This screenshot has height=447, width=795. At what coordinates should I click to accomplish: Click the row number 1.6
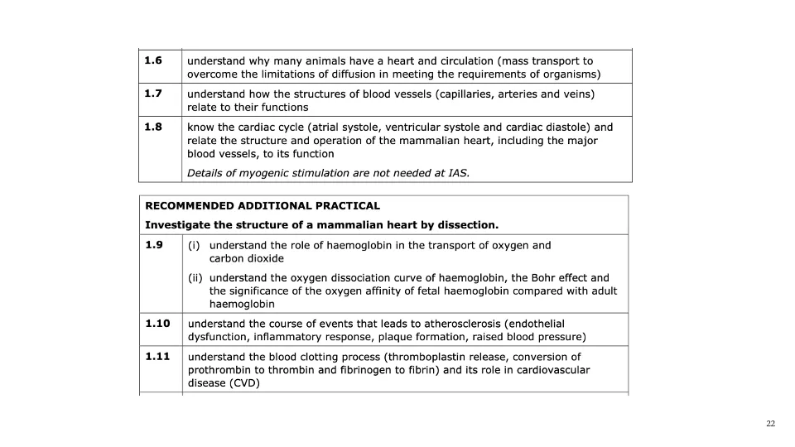click(152, 60)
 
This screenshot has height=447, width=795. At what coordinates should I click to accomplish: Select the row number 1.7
click(152, 94)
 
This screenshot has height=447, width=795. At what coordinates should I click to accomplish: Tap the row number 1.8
click(152, 127)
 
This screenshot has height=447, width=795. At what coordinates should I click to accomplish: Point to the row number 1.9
click(153, 245)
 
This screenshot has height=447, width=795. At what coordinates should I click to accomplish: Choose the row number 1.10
click(157, 324)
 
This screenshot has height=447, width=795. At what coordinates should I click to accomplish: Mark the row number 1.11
click(157, 357)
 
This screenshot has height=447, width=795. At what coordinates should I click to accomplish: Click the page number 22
click(770, 424)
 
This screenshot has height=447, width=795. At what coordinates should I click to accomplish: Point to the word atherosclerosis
click(459, 324)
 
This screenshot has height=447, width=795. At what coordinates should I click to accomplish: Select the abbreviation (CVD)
click(244, 383)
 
